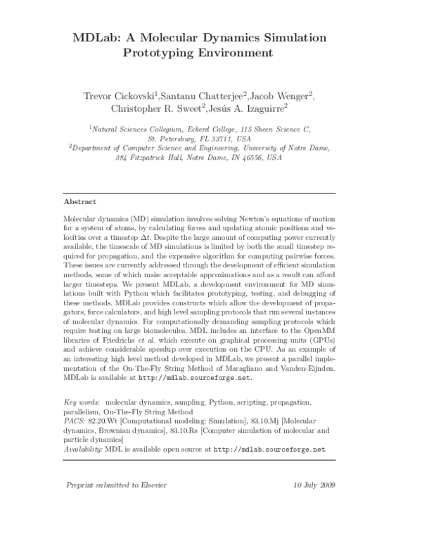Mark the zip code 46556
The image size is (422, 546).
[x=252, y=159]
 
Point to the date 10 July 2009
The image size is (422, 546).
[x=314, y=486]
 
